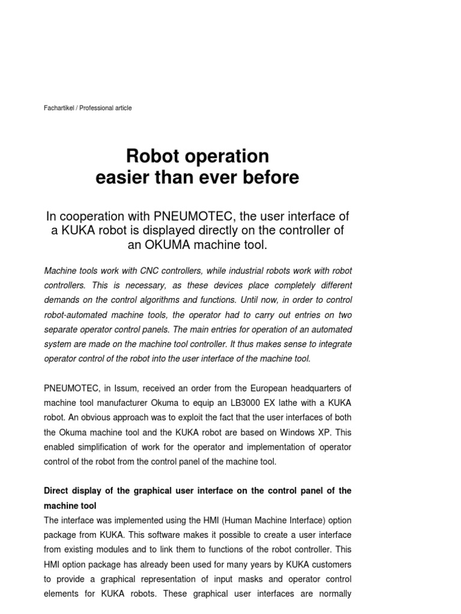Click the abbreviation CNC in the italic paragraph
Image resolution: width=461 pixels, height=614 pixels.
[154, 271]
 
